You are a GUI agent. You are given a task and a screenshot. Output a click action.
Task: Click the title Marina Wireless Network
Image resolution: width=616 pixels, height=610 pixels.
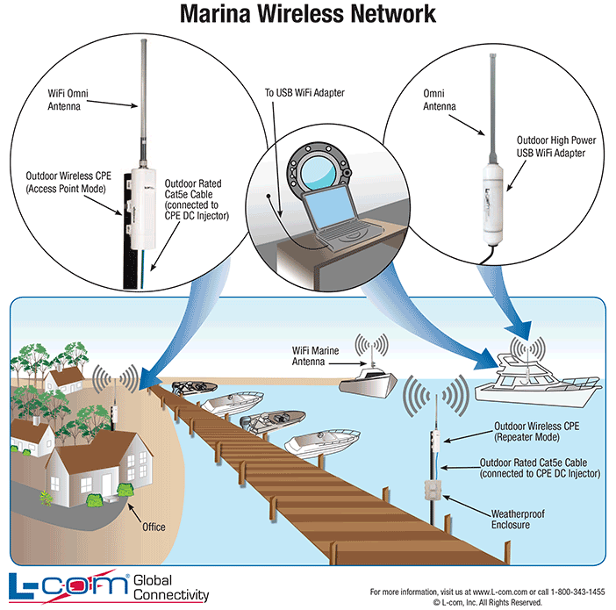[307, 14]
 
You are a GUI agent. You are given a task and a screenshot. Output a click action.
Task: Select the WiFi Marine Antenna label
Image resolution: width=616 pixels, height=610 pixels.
[321, 356]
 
